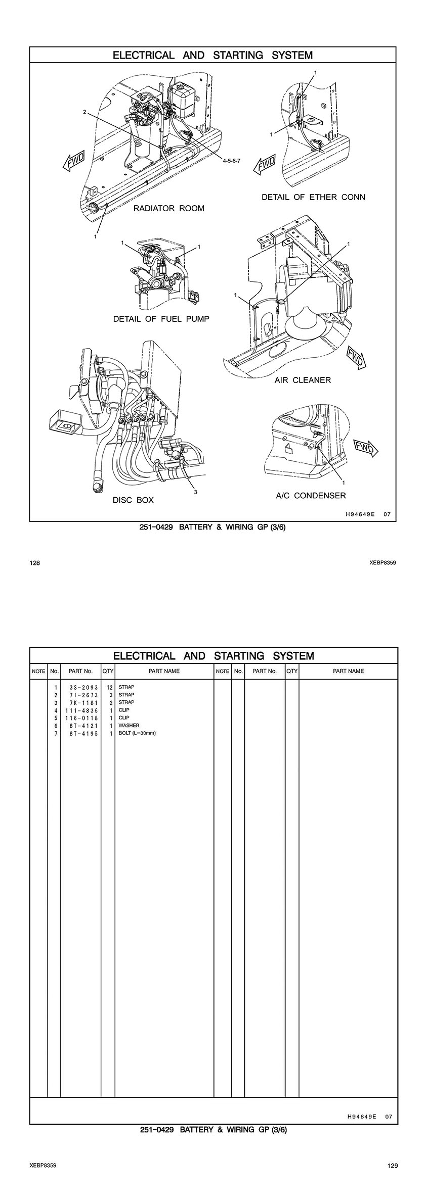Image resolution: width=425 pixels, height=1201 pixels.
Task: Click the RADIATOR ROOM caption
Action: point(168,208)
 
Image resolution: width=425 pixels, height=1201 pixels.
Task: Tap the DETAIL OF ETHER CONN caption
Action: point(313,197)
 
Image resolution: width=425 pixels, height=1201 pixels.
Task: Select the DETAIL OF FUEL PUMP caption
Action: point(161,319)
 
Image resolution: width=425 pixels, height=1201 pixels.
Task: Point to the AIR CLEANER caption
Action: point(303,380)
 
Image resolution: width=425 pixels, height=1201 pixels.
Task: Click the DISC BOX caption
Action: point(133,500)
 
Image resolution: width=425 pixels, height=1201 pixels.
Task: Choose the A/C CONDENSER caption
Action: point(311,495)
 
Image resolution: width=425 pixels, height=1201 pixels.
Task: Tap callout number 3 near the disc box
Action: point(196,492)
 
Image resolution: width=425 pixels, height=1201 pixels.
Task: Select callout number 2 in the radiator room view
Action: point(85,112)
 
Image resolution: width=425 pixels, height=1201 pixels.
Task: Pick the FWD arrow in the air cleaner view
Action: point(355,357)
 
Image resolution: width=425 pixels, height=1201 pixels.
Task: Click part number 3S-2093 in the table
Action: point(80,687)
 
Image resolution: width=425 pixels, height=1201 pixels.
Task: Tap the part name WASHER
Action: point(129,726)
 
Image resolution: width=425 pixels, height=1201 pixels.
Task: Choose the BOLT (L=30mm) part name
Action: point(137,733)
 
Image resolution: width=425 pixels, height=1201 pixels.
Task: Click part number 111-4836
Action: point(80,710)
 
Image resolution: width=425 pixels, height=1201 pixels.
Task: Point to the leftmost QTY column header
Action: point(108,671)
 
